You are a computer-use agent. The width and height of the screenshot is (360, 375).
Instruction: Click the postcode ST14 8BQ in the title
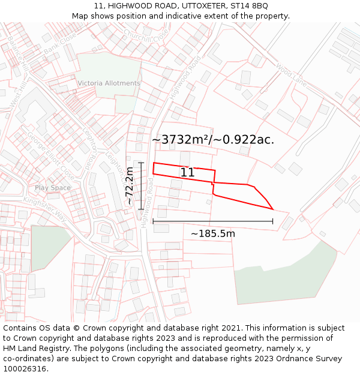coord(250,6)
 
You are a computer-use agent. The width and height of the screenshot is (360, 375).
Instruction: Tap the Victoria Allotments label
coord(109,83)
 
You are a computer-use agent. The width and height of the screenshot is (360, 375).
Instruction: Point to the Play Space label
coord(53,188)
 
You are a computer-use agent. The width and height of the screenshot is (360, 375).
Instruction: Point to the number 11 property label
coord(187,173)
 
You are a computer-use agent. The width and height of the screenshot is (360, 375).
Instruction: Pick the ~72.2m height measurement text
coord(130,187)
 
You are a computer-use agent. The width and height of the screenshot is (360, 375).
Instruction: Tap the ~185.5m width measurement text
coord(213,233)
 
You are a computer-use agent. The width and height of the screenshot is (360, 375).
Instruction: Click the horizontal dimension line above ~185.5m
coord(213,221)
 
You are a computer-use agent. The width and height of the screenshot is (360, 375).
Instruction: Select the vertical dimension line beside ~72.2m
coord(141,186)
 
